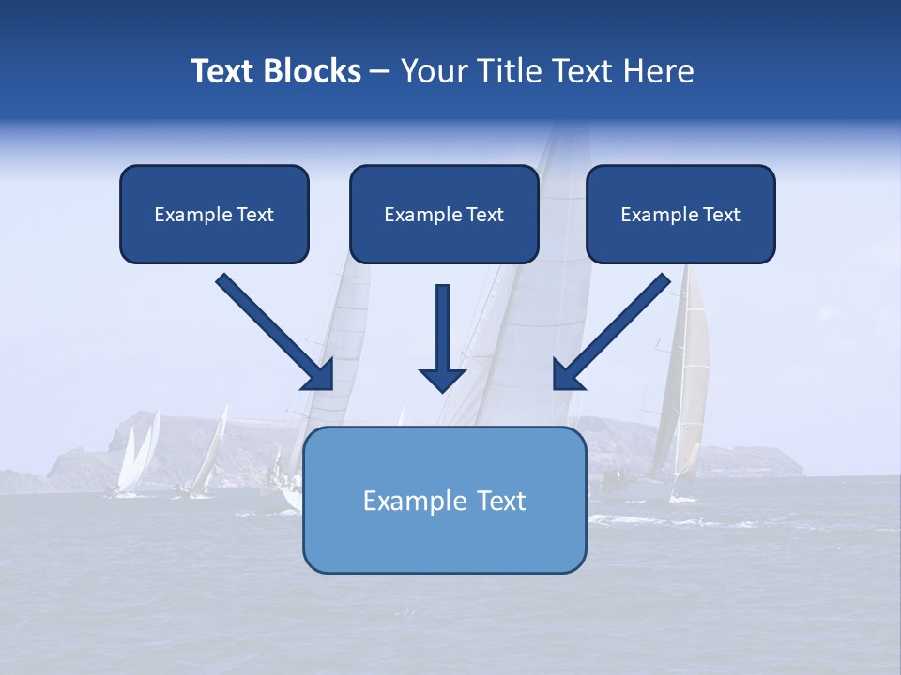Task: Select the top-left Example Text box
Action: (214, 214)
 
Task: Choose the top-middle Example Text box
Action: (444, 214)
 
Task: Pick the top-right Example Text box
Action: (680, 214)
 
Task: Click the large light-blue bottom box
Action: (444, 500)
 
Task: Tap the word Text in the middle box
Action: (484, 215)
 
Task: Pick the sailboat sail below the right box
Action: (690, 375)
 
